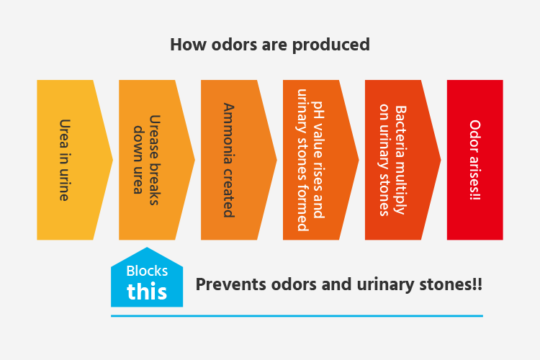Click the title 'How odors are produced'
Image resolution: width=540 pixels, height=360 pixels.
[x=270, y=45]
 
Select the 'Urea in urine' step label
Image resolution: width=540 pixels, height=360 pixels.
[x=64, y=160]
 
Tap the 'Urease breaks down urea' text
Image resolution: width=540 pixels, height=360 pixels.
[x=146, y=160]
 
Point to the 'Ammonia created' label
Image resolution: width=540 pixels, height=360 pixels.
[x=228, y=160]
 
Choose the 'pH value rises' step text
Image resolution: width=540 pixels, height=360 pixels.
[x=318, y=160]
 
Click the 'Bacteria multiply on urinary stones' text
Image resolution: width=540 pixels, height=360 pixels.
[x=392, y=160]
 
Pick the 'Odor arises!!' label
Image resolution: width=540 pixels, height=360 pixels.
[x=475, y=160]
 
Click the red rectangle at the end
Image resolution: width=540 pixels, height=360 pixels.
[x=475, y=160]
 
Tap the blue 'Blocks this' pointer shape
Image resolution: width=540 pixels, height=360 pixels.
[x=147, y=279]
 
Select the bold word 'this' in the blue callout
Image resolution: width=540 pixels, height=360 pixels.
[x=147, y=292]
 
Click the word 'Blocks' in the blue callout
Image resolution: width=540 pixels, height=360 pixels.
[x=147, y=271]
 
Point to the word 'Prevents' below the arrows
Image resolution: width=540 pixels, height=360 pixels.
[x=230, y=284]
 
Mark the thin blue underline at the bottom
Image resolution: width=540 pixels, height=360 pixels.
[x=297, y=315]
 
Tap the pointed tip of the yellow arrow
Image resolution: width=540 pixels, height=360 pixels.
[x=112, y=160]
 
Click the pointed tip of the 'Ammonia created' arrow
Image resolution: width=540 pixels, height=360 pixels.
[x=276, y=160]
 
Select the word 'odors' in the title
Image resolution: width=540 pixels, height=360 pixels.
[x=234, y=45]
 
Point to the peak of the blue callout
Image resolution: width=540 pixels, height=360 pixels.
[x=147, y=248]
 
